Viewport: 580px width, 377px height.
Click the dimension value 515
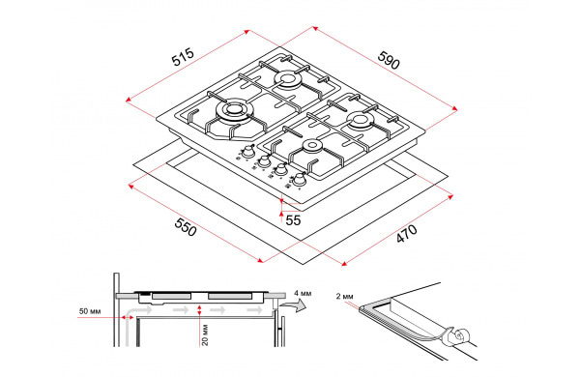coord(183,57)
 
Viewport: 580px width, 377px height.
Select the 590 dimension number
coord(389,60)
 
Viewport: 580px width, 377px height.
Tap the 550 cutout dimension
coord(186,227)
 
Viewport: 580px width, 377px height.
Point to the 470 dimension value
coord(407,234)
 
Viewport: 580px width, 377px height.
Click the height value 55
coord(293,220)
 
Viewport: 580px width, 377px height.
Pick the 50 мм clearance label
coord(90,311)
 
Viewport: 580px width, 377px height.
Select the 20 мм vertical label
coord(205,334)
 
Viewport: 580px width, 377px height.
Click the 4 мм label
coord(303,294)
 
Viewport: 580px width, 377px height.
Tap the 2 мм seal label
coord(344,296)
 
